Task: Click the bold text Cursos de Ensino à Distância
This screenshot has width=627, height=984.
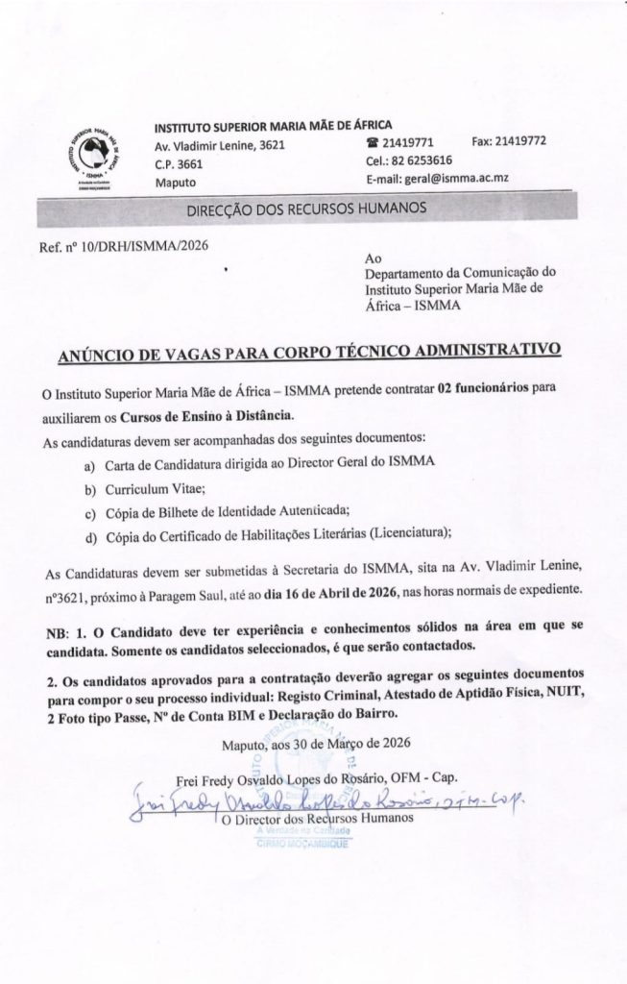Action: tap(204, 415)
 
